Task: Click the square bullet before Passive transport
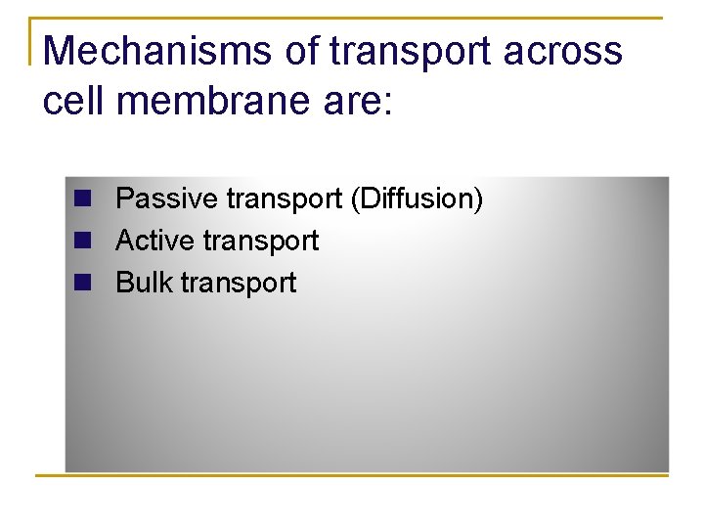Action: pyautogui.click(x=82, y=198)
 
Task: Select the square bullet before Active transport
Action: pyautogui.click(x=82, y=241)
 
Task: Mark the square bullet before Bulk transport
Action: pyautogui.click(x=82, y=283)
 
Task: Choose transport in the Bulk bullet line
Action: pyautogui.click(x=238, y=284)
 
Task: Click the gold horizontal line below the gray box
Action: pyautogui.click(x=352, y=476)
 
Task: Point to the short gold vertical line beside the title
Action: pyautogui.click(x=31, y=41)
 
